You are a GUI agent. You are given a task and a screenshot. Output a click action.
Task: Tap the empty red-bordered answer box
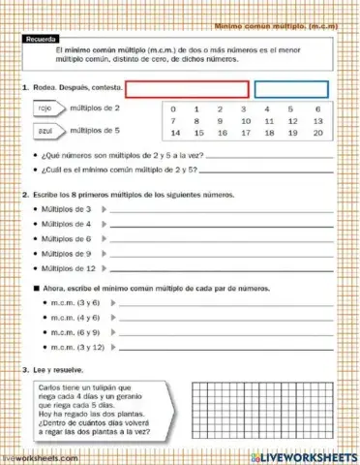coord(187,89)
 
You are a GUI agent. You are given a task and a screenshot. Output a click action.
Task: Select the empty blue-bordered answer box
coord(290,89)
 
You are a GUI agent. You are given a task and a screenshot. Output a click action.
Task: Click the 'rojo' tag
coord(45,108)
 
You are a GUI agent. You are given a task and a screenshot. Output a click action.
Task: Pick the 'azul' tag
coord(45,129)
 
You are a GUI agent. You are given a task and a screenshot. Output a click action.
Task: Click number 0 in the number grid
coord(173,108)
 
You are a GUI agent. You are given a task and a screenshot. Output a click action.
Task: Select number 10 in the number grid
coord(245,121)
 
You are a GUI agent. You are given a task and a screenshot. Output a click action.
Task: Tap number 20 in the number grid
coord(317,133)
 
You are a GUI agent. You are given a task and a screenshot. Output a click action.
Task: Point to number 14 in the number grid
coord(173,133)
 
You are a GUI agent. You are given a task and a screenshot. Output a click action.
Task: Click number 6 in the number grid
coord(317,108)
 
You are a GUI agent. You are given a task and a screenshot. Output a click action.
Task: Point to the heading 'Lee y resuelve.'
coord(61,369)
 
